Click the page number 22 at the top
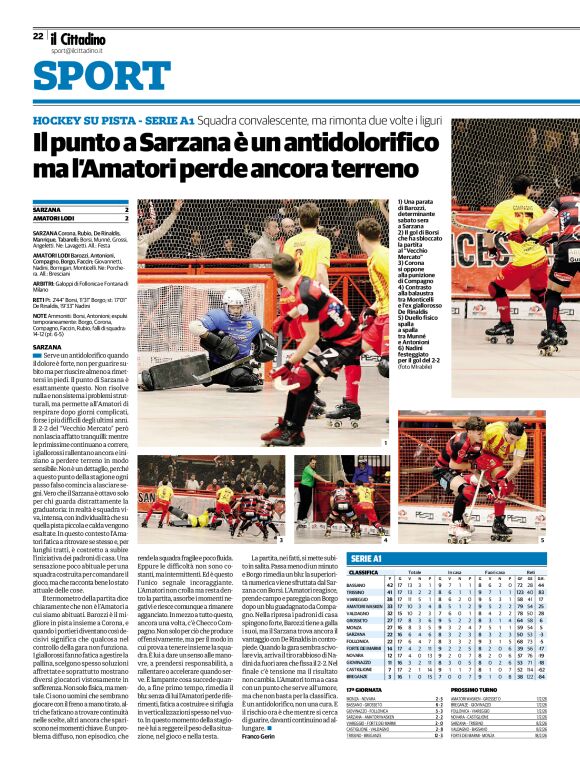pos(38,35)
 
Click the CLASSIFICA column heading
pos(364,572)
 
